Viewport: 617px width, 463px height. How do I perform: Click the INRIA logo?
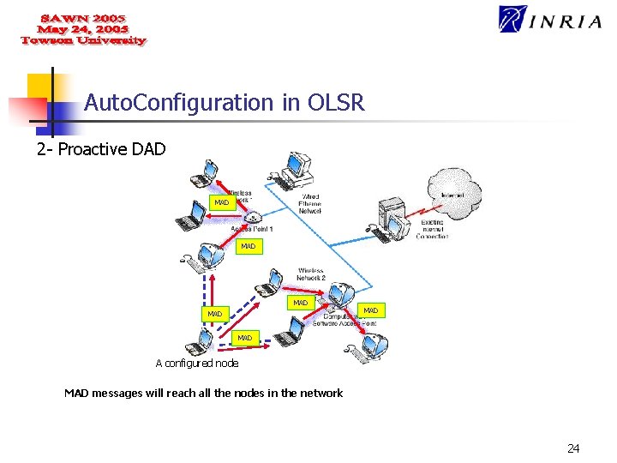[550, 19]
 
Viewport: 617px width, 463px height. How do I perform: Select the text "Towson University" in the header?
[84, 40]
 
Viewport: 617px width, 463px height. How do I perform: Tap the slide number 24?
[573, 448]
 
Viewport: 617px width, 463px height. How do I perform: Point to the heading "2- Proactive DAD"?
[101, 150]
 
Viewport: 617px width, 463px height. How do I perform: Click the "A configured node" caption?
[197, 364]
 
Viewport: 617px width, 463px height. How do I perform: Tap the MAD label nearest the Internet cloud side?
[370, 310]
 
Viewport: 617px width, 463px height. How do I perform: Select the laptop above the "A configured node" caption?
[202, 341]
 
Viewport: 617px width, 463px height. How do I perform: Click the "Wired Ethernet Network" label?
[309, 203]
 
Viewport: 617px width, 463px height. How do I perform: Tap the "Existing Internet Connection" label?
[432, 229]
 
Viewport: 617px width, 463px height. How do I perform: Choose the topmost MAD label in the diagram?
[222, 203]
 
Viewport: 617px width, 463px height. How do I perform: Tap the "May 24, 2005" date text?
[83, 29]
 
